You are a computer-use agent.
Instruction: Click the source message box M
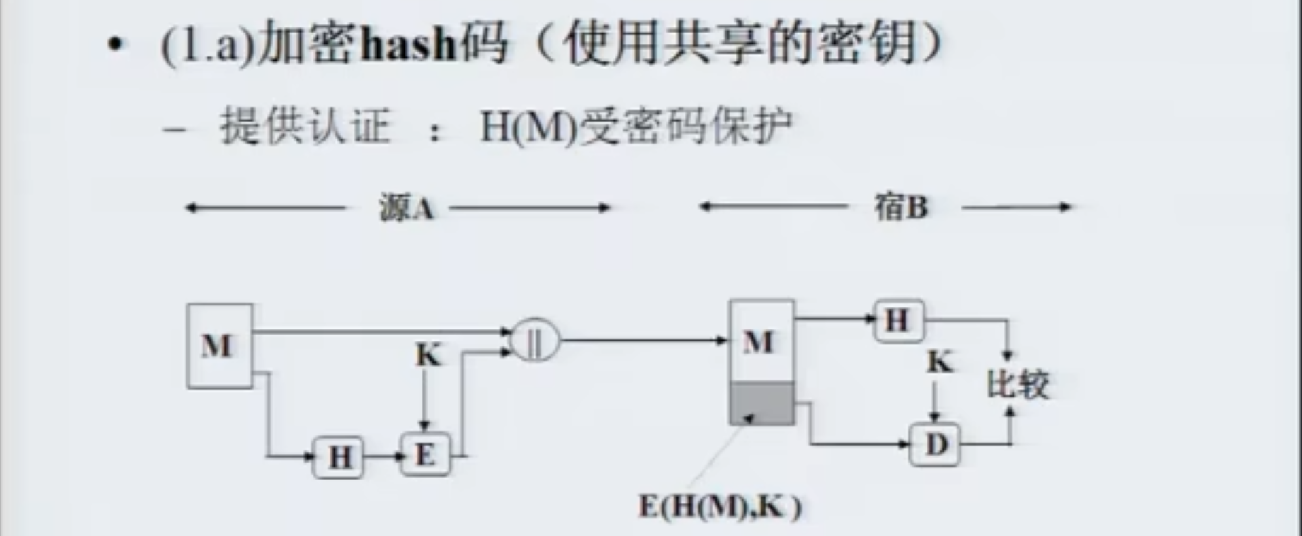click(220, 346)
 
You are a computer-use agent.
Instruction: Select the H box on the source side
click(339, 456)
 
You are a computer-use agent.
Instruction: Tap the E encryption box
click(425, 454)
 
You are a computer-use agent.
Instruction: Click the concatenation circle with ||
click(535, 340)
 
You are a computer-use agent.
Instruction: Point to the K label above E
click(428, 355)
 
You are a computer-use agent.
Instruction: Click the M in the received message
click(759, 341)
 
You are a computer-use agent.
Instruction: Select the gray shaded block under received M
click(761, 403)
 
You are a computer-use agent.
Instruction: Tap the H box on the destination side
click(898, 320)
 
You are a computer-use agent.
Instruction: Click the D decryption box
click(936, 444)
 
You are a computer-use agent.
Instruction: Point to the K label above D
click(940, 362)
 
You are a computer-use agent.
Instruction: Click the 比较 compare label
click(1018, 384)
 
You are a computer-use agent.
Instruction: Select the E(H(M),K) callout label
click(720, 507)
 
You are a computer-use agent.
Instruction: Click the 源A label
click(407, 207)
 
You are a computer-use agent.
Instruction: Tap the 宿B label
click(901, 207)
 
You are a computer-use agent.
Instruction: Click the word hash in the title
click(407, 44)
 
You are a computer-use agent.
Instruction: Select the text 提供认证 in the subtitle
click(305, 127)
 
